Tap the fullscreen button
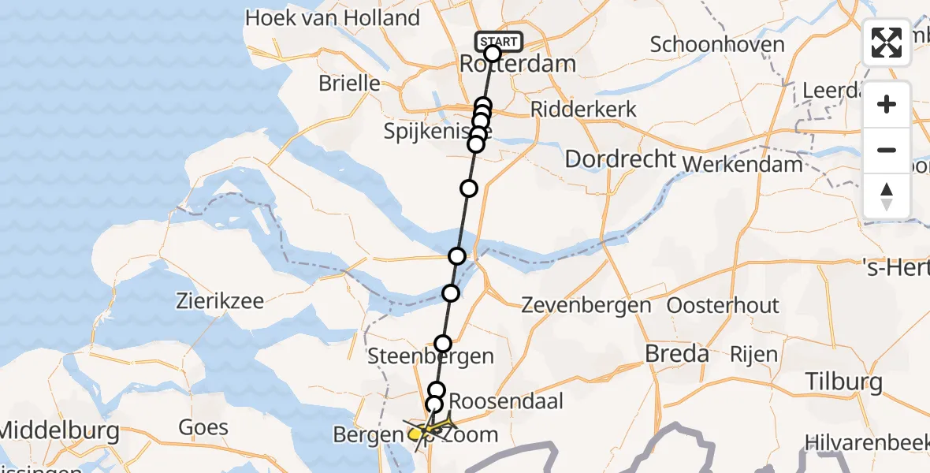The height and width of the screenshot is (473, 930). point(887,43)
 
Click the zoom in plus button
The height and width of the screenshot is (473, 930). point(887,104)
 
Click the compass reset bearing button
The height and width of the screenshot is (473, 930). point(887,196)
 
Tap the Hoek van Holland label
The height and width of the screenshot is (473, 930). point(333,18)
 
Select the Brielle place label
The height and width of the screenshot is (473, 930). point(349,84)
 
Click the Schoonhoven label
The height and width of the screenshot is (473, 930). point(717,44)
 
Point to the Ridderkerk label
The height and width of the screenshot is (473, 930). point(584,109)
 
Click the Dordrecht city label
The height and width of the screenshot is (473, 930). point(621,159)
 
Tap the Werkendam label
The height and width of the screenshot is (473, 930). point(744,164)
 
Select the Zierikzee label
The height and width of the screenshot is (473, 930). point(221,300)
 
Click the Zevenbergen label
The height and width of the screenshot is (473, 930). point(586,306)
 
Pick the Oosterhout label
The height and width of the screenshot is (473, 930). point(723,306)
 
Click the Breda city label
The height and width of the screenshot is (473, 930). point(676,354)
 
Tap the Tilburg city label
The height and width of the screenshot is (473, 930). point(844,382)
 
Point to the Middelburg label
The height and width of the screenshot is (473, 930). point(59,431)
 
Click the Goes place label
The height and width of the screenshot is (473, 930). point(203,428)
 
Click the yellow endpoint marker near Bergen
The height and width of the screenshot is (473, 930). point(415,434)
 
